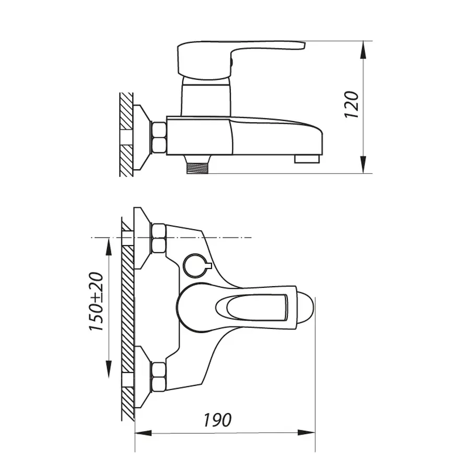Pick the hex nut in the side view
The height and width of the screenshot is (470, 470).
[158, 137]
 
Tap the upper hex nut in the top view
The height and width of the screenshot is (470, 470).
[158, 238]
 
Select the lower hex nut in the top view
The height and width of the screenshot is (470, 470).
[158, 377]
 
